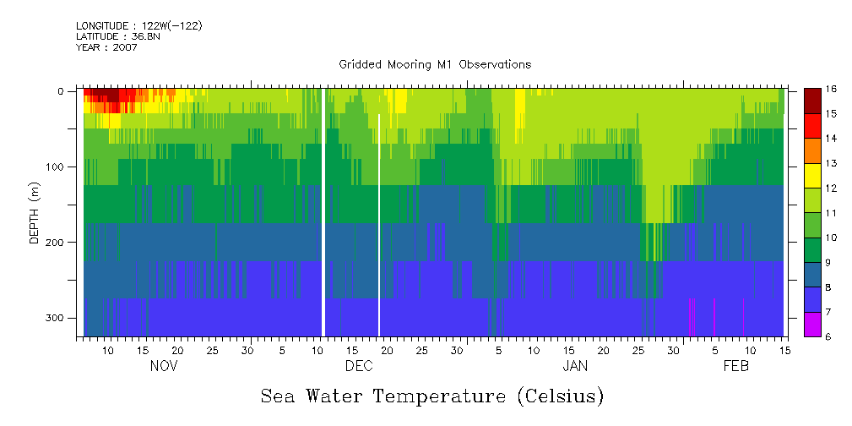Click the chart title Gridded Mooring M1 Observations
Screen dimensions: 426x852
[x=435, y=64]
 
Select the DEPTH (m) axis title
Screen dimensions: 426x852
[x=35, y=205]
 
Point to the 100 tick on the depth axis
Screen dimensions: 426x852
[x=60, y=167]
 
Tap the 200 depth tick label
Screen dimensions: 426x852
[x=60, y=243]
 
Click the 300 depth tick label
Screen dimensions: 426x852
[x=60, y=318]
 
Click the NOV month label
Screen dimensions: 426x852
[x=164, y=367]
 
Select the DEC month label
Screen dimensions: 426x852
[x=359, y=367]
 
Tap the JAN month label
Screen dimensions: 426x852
[x=575, y=367]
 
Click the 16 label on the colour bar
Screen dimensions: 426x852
[x=831, y=89]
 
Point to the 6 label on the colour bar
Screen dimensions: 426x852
[x=831, y=336]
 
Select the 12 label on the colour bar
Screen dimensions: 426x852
[x=831, y=188]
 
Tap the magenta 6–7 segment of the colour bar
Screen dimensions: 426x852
[x=812, y=324]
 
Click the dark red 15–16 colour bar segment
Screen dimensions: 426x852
[x=812, y=101]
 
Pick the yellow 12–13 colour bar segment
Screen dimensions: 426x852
[x=812, y=175]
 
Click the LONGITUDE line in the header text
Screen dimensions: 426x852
[x=138, y=26]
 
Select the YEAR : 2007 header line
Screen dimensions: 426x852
[x=106, y=47]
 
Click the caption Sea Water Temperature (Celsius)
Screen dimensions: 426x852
[x=432, y=396]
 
